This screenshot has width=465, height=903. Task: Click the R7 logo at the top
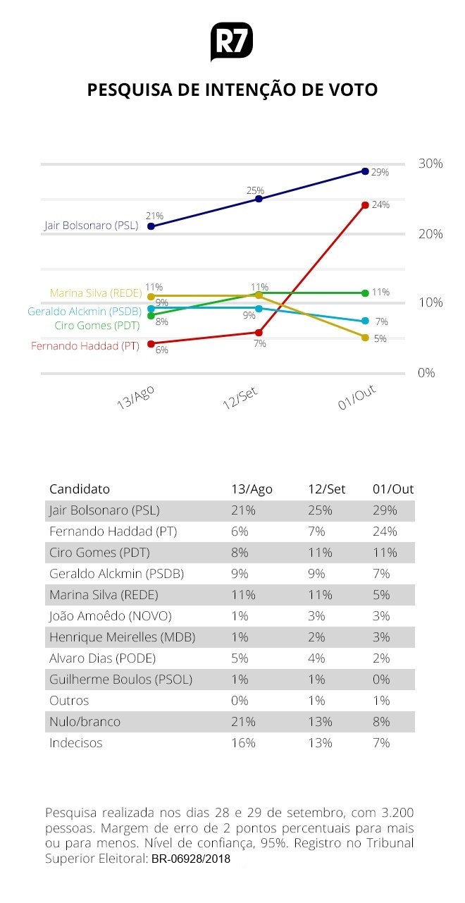[x=232, y=42]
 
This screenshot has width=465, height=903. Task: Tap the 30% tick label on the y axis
[x=430, y=164]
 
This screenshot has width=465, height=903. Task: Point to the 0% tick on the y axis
[x=427, y=372]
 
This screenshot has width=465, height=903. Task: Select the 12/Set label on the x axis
[x=240, y=400]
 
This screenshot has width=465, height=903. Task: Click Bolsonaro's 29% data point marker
[x=365, y=171]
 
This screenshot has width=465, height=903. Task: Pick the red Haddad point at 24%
[x=365, y=205]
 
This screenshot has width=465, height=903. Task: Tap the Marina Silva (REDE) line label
[x=96, y=293]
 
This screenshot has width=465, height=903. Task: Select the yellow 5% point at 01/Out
[x=365, y=338]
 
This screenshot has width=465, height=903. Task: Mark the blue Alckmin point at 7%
[x=365, y=321]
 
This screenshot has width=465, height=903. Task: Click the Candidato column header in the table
[x=80, y=489]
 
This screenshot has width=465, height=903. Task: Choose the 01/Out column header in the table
[x=393, y=489]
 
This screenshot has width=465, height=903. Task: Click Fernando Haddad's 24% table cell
[x=385, y=532]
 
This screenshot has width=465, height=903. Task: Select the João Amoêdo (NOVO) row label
[x=111, y=616]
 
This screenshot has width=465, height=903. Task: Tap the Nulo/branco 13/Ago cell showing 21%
[x=243, y=722]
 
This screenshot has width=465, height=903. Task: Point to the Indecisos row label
[x=76, y=743]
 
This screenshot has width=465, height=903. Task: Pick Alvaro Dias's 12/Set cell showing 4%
[x=316, y=658]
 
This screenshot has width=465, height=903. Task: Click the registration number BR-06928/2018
[x=191, y=859]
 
